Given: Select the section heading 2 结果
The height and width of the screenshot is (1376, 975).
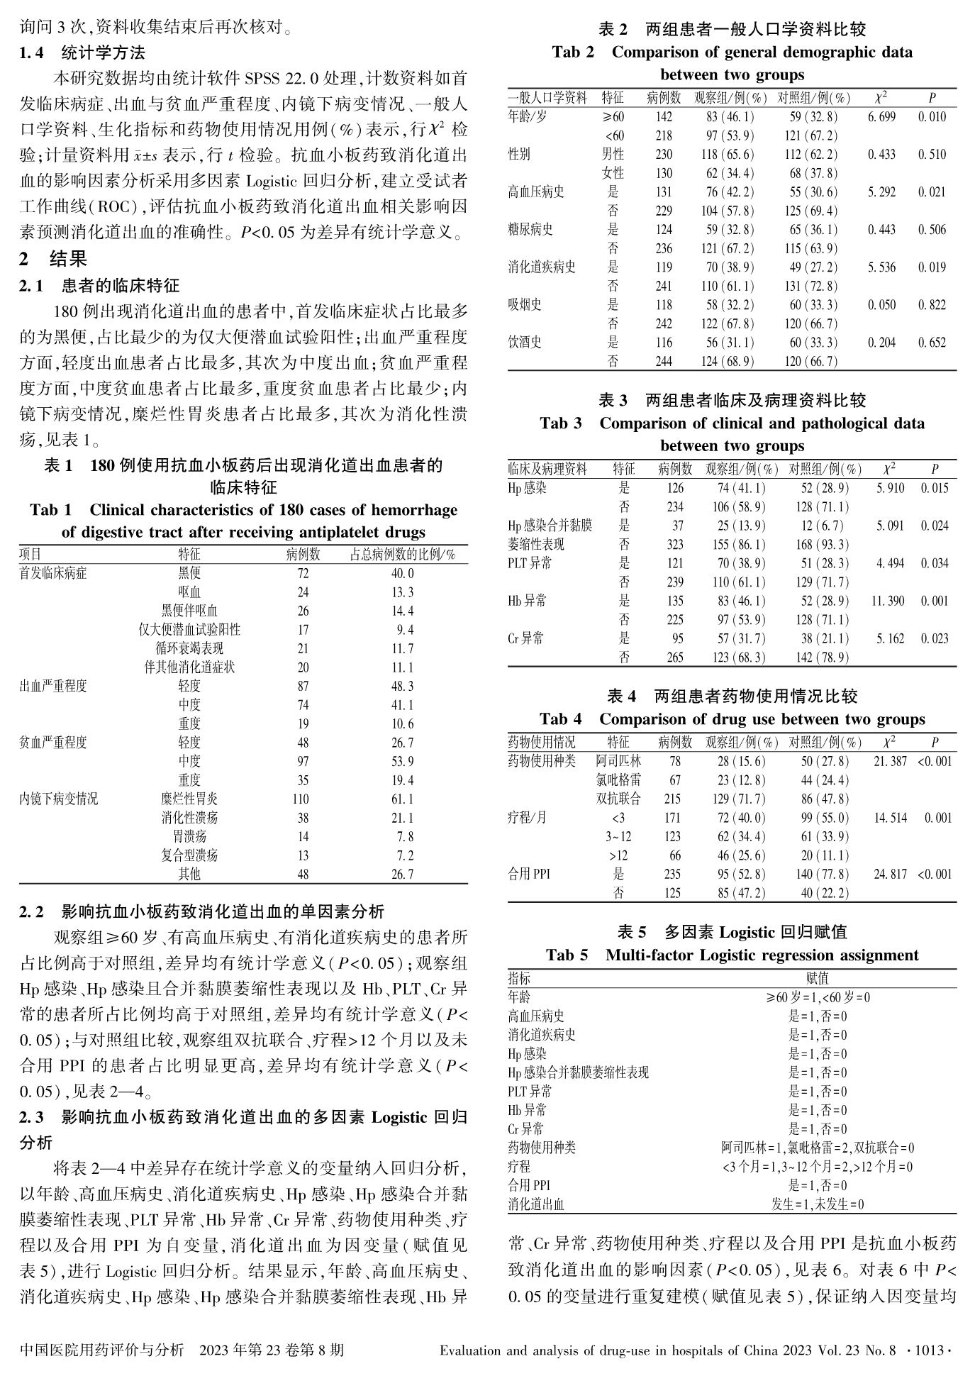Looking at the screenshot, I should (x=53, y=259).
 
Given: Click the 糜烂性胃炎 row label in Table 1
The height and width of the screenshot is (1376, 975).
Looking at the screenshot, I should (x=189, y=799).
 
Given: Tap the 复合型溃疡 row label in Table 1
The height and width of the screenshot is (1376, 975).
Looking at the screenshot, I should (x=189, y=855).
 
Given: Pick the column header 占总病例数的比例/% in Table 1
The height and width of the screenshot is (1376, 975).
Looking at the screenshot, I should (x=402, y=555).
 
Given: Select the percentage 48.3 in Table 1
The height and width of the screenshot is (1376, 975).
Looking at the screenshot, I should (x=402, y=687).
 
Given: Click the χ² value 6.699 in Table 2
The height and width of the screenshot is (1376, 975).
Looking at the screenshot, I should (x=881, y=117).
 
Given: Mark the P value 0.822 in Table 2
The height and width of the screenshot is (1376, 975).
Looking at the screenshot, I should (x=932, y=305).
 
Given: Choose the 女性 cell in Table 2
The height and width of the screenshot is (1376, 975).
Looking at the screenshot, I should (x=613, y=173).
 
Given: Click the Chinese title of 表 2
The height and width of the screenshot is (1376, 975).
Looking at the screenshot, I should (x=732, y=30).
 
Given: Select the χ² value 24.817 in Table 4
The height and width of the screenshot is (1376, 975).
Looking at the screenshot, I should (x=890, y=875).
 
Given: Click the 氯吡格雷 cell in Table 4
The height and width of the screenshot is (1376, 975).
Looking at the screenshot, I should (x=618, y=780).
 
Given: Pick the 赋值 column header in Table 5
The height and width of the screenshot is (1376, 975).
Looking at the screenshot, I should (x=817, y=979).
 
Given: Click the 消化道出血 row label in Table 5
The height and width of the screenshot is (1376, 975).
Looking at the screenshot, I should (x=536, y=1204).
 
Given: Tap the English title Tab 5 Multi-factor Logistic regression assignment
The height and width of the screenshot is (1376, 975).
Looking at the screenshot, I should (x=732, y=955).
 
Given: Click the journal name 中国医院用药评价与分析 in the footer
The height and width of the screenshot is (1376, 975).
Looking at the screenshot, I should (x=103, y=1350).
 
